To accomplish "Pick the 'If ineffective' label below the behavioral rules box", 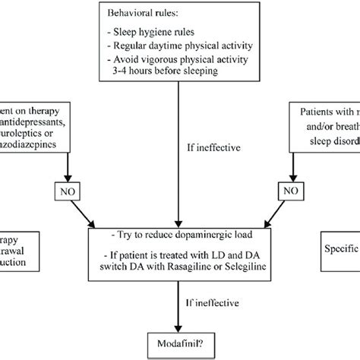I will click(207, 140).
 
